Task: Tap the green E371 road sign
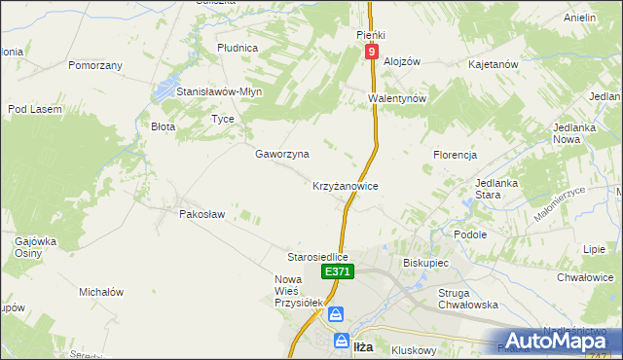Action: (x=337, y=272)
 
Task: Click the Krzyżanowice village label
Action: (x=345, y=185)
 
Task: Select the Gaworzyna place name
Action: (x=282, y=154)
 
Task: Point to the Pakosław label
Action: (x=202, y=213)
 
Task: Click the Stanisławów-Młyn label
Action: (x=219, y=91)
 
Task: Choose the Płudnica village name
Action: (x=238, y=47)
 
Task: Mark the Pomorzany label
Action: (x=95, y=65)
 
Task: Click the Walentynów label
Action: (x=398, y=99)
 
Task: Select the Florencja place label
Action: (x=455, y=155)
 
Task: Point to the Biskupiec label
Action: (x=424, y=263)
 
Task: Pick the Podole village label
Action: (x=470, y=234)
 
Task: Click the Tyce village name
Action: (x=223, y=119)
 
